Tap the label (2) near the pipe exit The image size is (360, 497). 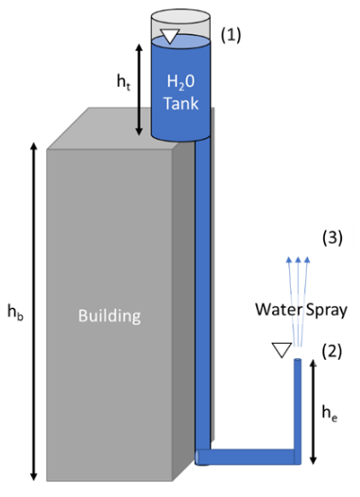(x=328, y=351)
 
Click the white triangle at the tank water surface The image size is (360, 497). (x=169, y=37)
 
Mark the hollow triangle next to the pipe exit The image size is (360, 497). (x=280, y=351)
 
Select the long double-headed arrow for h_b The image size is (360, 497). (x=35, y=313)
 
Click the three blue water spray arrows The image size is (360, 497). (x=297, y=274)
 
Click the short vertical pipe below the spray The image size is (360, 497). (x=299, y=406)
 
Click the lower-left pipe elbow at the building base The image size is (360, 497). (x=204, y=457)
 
